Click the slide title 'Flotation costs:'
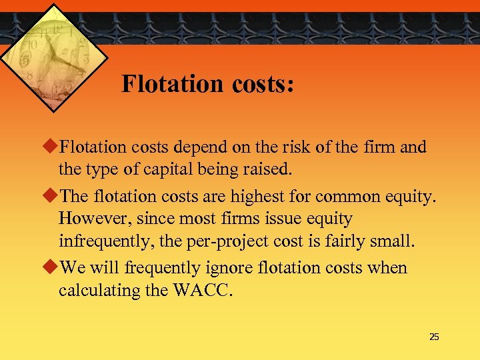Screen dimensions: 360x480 207,85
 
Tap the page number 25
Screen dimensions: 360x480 434,337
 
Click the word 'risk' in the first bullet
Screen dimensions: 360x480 296,147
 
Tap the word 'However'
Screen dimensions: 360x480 89,219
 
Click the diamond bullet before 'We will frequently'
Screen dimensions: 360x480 52,267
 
